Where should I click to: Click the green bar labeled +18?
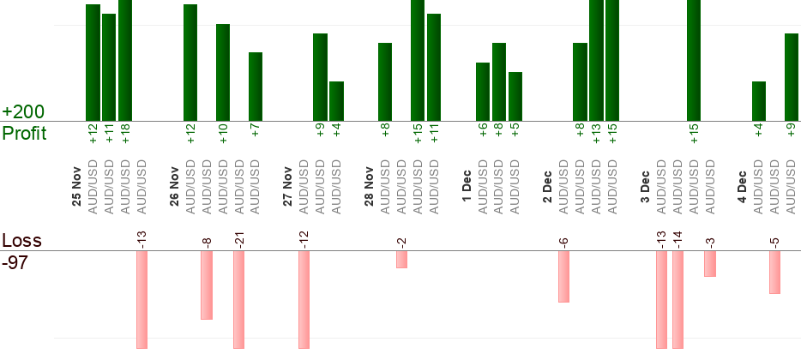(x=125, y=60)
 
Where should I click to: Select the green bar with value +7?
(x=256, y=86)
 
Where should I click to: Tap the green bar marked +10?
(x=223, y=72)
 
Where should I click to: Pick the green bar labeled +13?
(x=596, y=60)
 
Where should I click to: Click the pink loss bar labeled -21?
(x=239, y=299)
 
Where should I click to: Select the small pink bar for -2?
(x=401, y=259)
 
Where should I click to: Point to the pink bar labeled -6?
(x=563, y=276)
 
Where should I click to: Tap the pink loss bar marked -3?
(x=710, y=263)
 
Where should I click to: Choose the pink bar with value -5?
(x=775, y=272)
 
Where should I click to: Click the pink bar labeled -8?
(x=207, y=285)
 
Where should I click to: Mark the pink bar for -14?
(x=678, y=299)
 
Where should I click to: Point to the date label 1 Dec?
(x=467, y=188)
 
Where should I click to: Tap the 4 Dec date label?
(x=744, y=188)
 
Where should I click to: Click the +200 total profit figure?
(x=23, y=112)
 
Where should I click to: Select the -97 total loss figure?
(x=15, y=262)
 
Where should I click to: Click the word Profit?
(x=24, y=134)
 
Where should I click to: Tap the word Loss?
(x=21, y=241)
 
